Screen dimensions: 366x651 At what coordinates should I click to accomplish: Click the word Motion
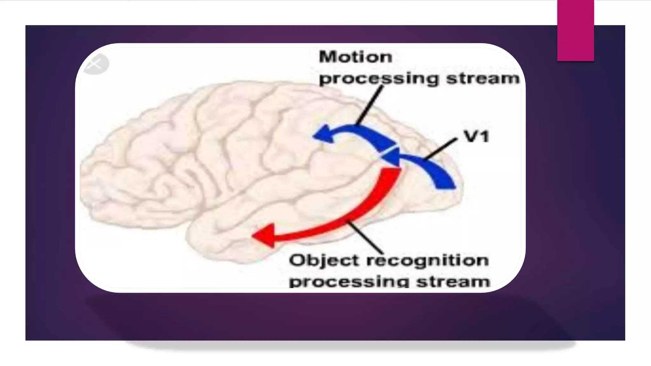click(x=355, y=58)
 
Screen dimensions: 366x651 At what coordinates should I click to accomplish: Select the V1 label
click(x=476, y=137)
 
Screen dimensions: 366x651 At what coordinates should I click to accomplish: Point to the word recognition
click(x=428, y=261)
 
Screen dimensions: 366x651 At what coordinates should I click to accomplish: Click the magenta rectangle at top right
click(x=575, y=30)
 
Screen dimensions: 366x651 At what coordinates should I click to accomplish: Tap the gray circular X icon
click(x=95, y=64)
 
